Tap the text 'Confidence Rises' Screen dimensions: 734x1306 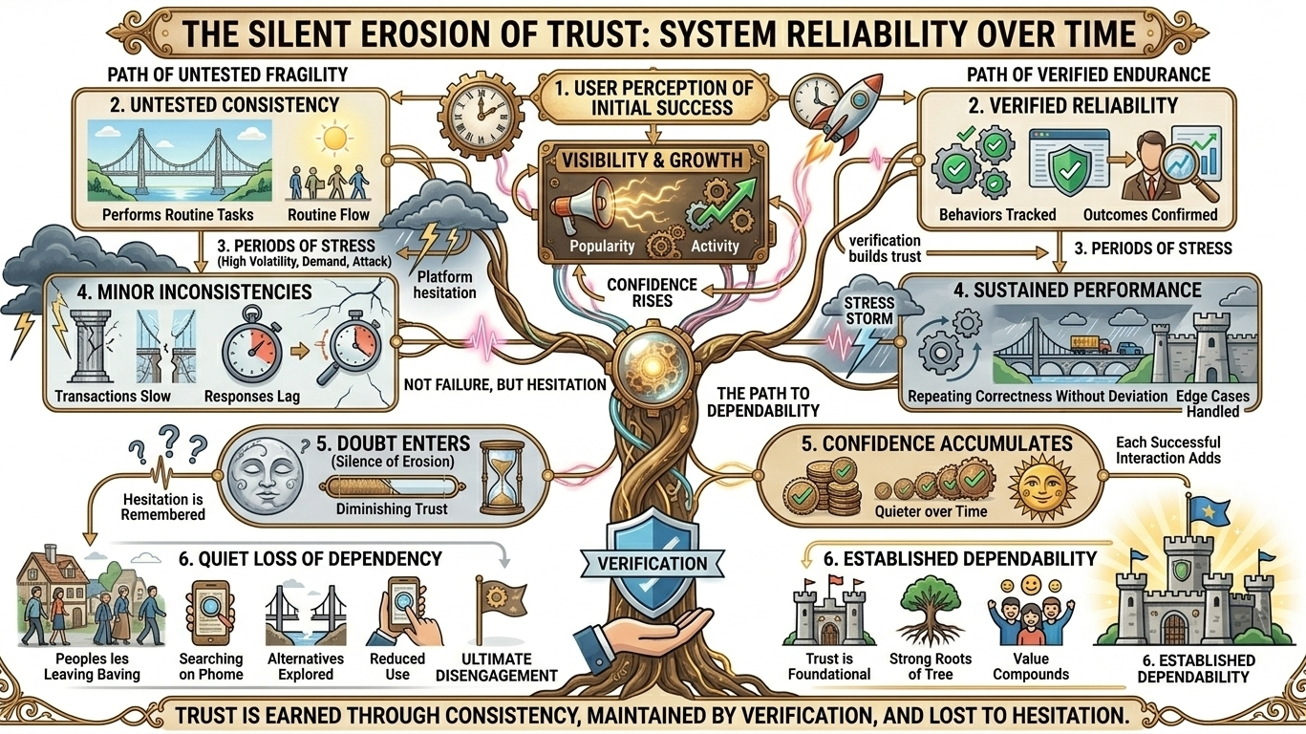point(653,291)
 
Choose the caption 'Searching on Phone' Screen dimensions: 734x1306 point(210,666)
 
